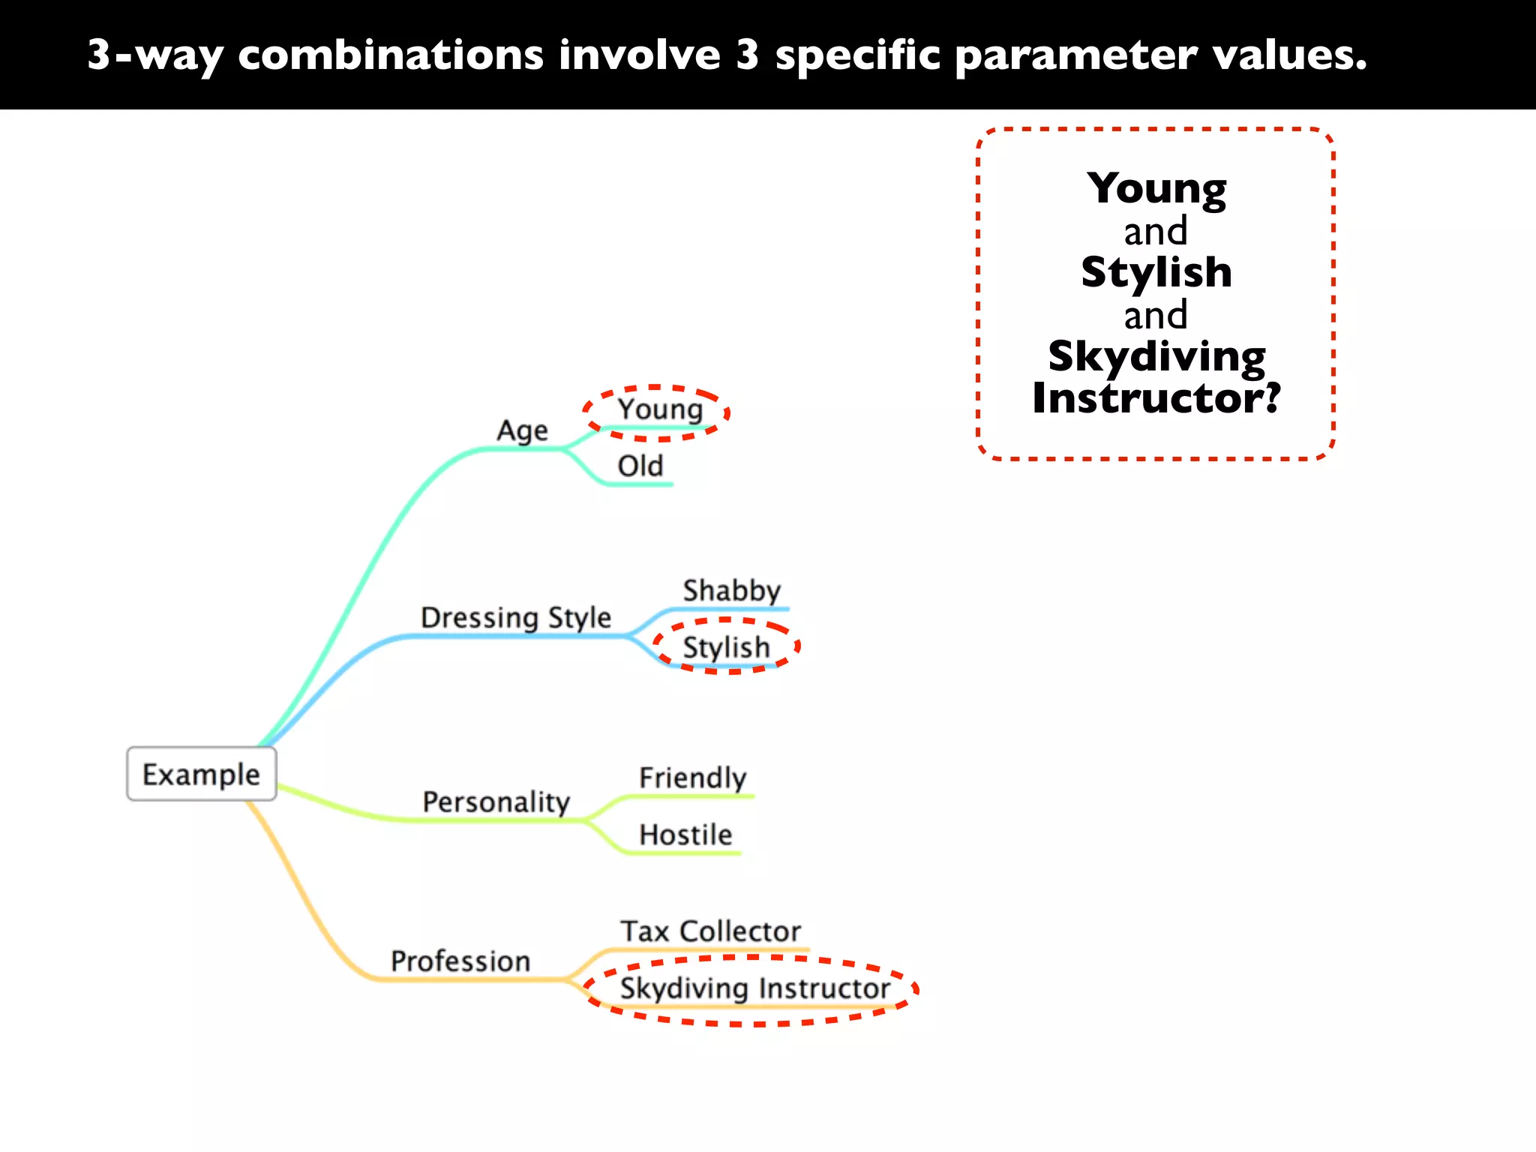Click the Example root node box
coord(201,774)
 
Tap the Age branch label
coord(522,431)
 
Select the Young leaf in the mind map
coord(659,409)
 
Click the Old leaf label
coord(640,466)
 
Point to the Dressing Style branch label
coord(516,617)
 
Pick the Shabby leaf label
coord(731,591)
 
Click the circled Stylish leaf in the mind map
coord(726,646)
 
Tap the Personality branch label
coord(496,802)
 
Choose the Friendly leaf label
coord(692,778)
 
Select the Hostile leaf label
coord(685,835)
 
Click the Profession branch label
coord(460,961)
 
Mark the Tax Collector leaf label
coord(710,931)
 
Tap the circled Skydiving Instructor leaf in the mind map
coord(754,988)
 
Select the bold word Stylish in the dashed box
coord(1156,271)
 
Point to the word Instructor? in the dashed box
coord(1156,397)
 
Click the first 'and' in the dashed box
coord(1156,231)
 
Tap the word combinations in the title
coord(390,55)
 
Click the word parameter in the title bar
coord(1076,55)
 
